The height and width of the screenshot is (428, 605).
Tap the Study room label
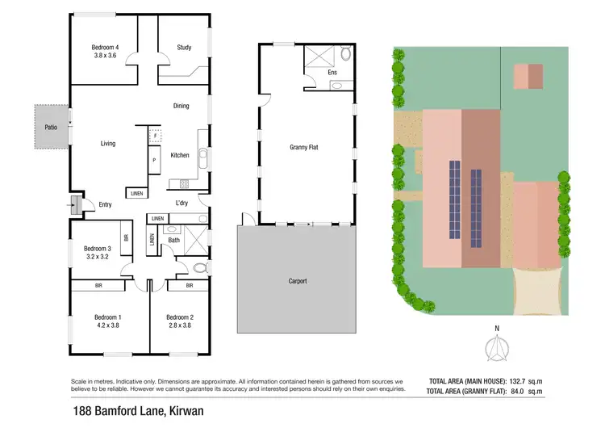coord(184,48)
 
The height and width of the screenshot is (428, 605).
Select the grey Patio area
coord(51,128)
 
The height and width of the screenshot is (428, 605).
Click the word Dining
coord(181,106)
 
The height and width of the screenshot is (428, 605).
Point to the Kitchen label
coord(179,155)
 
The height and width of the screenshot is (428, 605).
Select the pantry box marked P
coord(153,162)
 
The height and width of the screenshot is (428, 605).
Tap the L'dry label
coord(181,203)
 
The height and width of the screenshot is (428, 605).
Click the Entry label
coord(105,204)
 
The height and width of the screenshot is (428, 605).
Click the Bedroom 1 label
coord(108,317)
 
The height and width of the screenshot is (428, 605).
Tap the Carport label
coord(298,281)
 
